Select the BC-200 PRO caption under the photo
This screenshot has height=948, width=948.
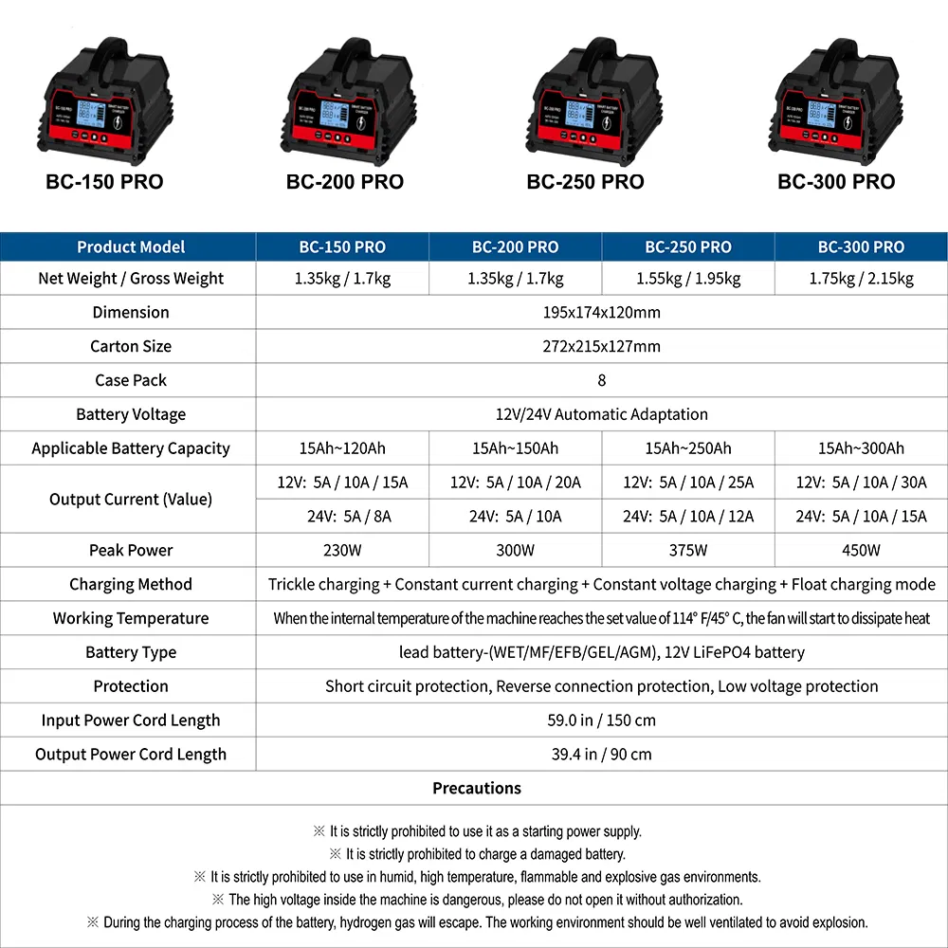(345, 182)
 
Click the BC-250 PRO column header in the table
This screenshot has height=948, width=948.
(688, 246)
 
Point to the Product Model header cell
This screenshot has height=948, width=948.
(131, 246)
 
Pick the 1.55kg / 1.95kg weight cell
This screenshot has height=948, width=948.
(688, 279)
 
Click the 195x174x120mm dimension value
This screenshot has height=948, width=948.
(602, 312)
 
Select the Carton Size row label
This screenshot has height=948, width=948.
(131, 346)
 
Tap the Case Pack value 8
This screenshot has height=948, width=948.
(602, 380)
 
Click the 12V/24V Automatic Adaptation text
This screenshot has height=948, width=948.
(602, 414)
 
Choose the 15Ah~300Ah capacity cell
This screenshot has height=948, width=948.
(861, 448)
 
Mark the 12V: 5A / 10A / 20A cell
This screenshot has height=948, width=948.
(516, 483)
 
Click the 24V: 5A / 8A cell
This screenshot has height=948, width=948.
(342, 517)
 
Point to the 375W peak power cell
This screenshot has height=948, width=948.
(688, 550)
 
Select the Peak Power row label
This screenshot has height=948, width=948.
(131, 550)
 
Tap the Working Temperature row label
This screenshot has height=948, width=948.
(131, 618)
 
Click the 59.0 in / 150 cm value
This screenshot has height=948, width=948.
(602, 720)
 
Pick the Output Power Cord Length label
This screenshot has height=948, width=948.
(131, 755)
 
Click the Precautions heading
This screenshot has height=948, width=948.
(477, 788)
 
